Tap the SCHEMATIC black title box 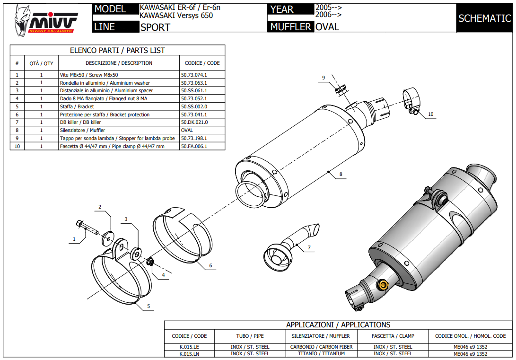(x=484, y=18)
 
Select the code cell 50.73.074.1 (x=194, y=75)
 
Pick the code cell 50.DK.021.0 (x=194, y=122)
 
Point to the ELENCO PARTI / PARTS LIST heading (x=117, y=50)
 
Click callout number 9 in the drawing (x=324, y=78)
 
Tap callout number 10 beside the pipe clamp (x=430, y=114)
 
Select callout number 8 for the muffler (x=340, y=174)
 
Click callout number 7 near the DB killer (x=309, y=247)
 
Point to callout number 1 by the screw (x=74, y=239)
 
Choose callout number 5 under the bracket (x=148, y=307)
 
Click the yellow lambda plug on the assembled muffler (x=382, y=284)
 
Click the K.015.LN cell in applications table (x=189, y=353)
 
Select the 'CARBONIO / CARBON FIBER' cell (x=321, y=347)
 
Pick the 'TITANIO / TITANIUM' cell (x=321, y=353)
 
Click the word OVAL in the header (x=327, y=27)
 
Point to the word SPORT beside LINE (x=155, y=27)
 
